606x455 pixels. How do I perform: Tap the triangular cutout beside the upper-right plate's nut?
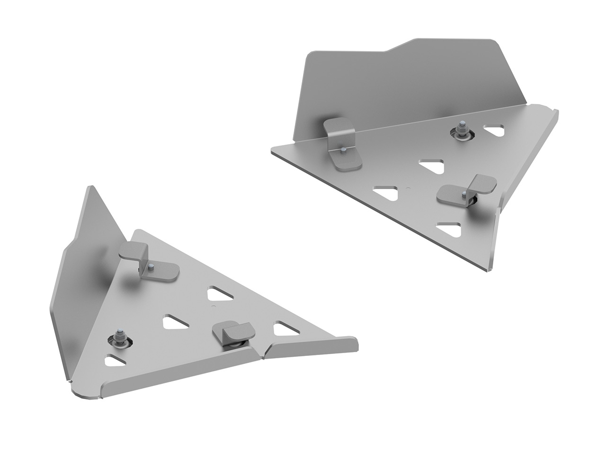(x=494, y=130)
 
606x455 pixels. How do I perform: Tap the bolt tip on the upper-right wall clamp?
(x=341, y=150)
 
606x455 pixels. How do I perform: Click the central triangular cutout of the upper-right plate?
(x=432, y=166)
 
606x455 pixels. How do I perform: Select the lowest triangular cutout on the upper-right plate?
(x=450, y=229)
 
